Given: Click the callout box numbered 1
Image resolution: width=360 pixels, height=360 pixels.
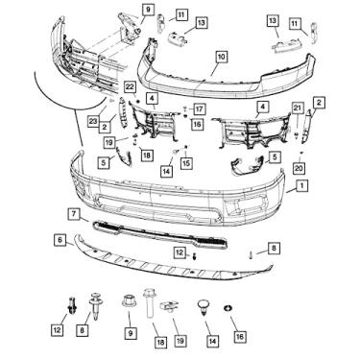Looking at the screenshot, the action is (x=301, y=185).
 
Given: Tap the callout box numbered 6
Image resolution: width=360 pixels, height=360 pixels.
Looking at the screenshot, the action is (x=60, y=240).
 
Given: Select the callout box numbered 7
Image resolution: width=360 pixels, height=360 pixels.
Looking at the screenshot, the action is (x=74, y=213).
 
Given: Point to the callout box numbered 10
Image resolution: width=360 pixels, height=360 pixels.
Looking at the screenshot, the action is (x=222, y=57).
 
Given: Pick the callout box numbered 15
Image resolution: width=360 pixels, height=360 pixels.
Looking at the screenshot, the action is (x=186, y=163).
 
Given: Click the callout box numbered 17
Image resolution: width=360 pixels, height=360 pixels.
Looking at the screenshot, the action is (x=199, y=109).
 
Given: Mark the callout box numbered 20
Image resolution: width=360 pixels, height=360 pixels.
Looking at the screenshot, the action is (x=299, y=168).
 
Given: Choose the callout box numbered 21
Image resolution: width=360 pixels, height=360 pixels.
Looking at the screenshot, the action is (x=298, y=108).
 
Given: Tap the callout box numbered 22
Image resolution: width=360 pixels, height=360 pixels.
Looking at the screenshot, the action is (x=131, y=86).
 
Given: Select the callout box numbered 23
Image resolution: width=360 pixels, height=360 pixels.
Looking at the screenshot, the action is (x=93, y=122).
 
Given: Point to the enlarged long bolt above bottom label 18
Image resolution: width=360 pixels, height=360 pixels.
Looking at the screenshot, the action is (x=149, y=303).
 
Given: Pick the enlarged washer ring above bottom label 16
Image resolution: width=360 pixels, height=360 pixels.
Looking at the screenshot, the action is (x=228, y=309).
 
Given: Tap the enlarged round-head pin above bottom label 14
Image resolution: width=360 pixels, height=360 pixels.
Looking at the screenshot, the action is (x=204, y=306).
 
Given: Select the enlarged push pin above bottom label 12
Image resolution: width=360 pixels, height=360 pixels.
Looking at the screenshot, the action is (x=72, y=305).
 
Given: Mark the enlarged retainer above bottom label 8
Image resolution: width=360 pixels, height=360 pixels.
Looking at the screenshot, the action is (x=94, y=305).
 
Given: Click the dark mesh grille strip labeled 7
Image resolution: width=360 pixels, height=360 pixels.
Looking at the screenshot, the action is (x=159, y=234).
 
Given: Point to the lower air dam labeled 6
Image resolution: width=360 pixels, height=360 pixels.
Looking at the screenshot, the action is (x=173, y=262).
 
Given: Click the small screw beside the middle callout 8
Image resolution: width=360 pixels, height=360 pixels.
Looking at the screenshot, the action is (x=252, y=255).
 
